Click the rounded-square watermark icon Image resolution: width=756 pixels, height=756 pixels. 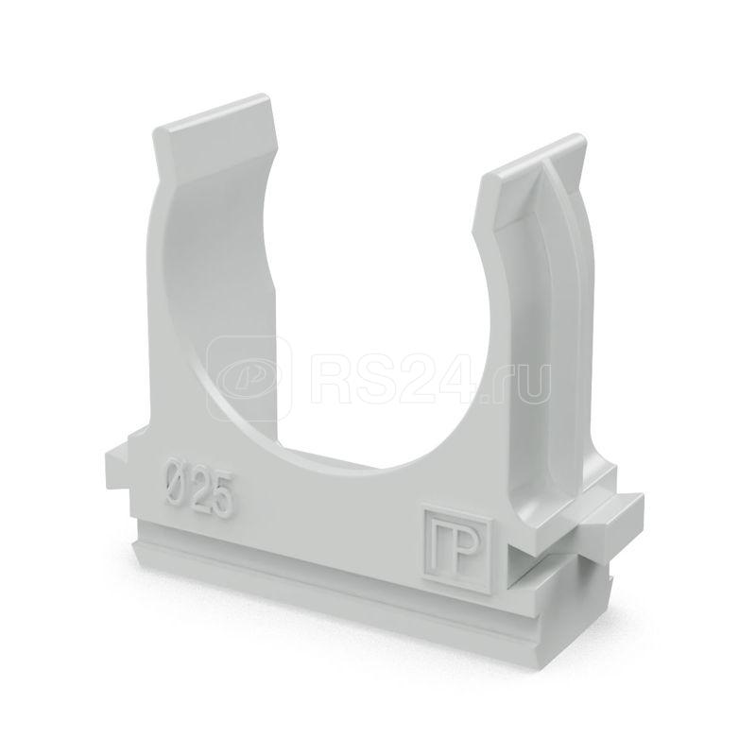tap(249, 377)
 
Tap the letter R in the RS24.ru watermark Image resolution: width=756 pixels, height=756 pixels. tap(334, 375)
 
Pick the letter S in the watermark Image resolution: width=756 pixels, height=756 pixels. tap(382, 375)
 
